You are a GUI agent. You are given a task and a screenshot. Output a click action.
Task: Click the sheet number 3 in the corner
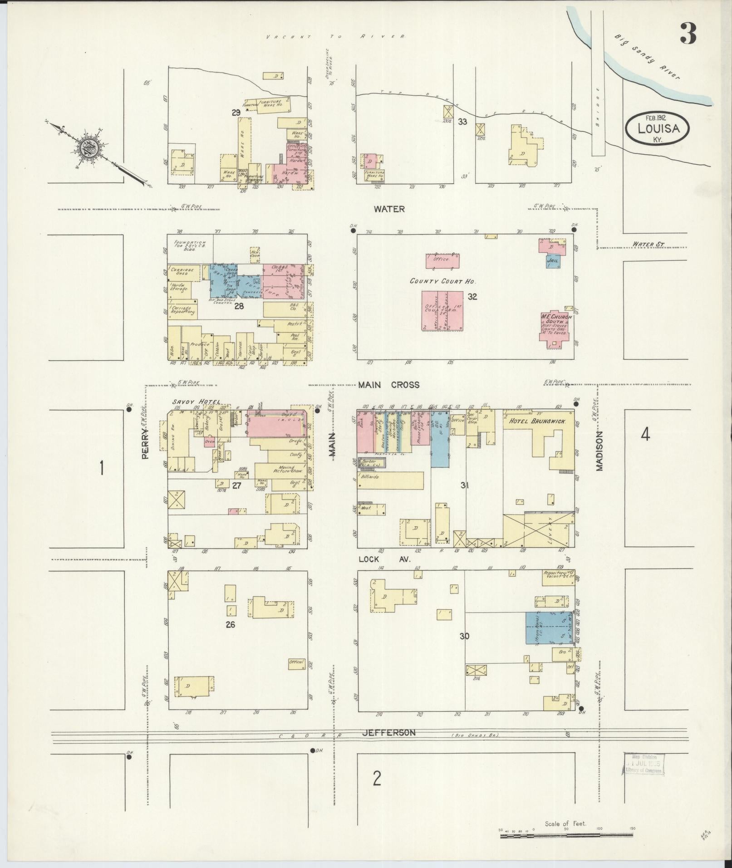pyautogui.click(x=688, y=34)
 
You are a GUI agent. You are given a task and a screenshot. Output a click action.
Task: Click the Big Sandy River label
pyautogui.click(x=647, y=58)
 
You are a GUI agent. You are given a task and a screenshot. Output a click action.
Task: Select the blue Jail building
pyautogui.click(x=553, y=261)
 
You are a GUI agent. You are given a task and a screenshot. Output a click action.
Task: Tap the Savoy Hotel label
pyautogui.click(x=197, y=402)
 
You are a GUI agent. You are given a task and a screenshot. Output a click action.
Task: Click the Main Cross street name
pyautogui.click(x=389, y=385)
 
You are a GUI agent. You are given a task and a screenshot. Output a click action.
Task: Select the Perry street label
pyautogui.click(x=145, y=447)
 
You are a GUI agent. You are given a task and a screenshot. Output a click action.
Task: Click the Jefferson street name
pyautogui.click(x=388, y=745)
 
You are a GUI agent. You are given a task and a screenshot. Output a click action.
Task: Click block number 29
pyautogui.click(x=236, y=113)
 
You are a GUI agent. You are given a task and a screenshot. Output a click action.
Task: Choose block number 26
pyautogui.click(x=231, y=624)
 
